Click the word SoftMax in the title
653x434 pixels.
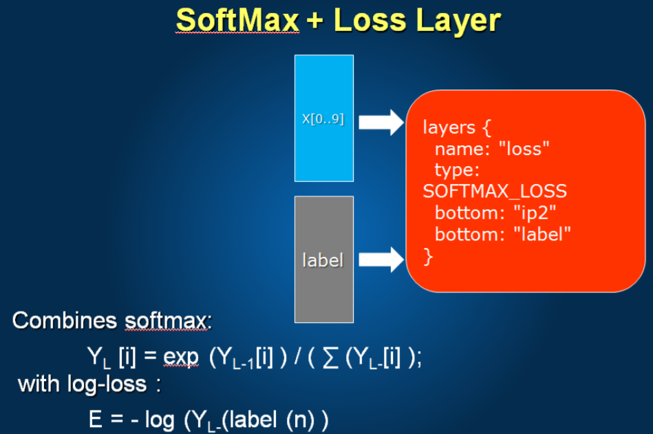[237, 20]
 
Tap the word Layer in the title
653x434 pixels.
[458, 21]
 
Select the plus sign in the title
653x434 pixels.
[315, 21]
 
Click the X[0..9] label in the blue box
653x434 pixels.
[323, 119]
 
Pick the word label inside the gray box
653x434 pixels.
[323, 260]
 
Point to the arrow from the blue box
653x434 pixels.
[381, 122]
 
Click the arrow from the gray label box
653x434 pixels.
[381, 259]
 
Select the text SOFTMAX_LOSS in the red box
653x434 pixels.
[495, 192]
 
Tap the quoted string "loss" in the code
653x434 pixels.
[524, 149]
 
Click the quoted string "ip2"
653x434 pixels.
[535, 214]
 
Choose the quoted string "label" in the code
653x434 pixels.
[542, 234]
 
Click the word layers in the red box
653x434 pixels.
[449, 127]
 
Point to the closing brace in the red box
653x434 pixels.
[428, 256]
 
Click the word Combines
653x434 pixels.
[65, 320]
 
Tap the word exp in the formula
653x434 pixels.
[181, 358]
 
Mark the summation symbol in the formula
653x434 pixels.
[330, 358]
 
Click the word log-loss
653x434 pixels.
[107, 384]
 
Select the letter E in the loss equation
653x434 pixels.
[96, 419]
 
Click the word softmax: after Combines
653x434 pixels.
[169, 321]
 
